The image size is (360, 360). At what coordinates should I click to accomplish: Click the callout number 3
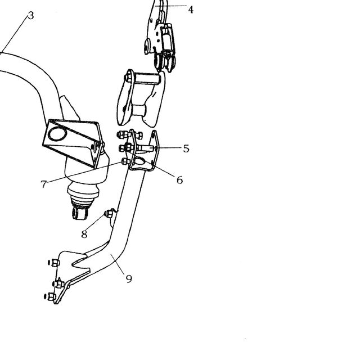(x=31, y=16)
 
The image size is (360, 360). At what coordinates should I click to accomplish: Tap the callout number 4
(x=191, y=10)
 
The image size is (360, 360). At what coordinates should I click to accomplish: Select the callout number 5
(x=186, y=148)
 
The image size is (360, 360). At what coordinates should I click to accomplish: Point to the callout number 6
(x=180, y=180)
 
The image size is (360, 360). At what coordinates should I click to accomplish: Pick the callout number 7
(x=44, y=184)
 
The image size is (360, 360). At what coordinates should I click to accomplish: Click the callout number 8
(x=84, y=234)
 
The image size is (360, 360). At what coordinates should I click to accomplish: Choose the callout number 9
(x=129, y=279)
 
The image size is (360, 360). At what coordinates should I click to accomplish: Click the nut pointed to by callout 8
(x=109, y=214)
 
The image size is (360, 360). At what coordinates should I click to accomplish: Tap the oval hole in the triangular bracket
(x=57, y=134)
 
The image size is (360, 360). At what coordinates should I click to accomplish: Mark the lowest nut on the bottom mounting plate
(x=51, y=296)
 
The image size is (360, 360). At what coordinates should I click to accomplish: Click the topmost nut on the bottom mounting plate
(x=54, y=263)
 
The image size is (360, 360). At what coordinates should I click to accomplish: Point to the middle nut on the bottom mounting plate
(x=58, y=283)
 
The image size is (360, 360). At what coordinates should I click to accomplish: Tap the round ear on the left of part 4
(x=147, y=47)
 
